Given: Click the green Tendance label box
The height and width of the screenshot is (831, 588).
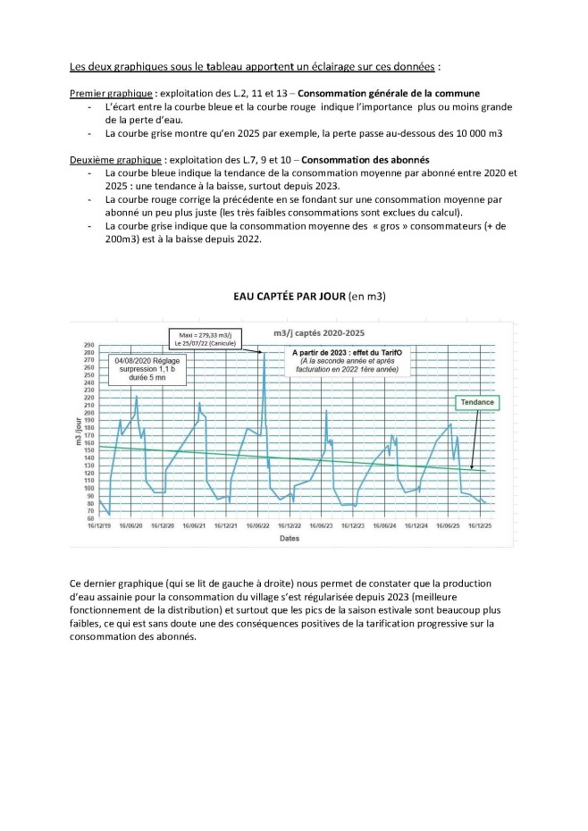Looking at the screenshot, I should point(477,403).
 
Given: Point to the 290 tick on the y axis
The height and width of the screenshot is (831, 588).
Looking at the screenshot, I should point(89,345).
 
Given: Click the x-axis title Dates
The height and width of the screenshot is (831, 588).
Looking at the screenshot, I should point(289,539).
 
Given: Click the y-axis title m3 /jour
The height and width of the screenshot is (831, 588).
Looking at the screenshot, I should point(78,432).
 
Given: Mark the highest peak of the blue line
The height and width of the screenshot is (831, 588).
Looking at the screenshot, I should point(265,354).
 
